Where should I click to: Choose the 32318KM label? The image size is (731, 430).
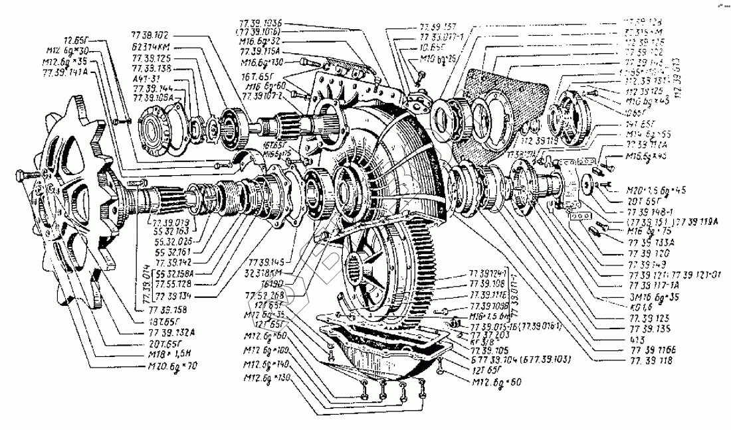263,272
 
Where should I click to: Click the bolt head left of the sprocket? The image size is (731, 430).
23,177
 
